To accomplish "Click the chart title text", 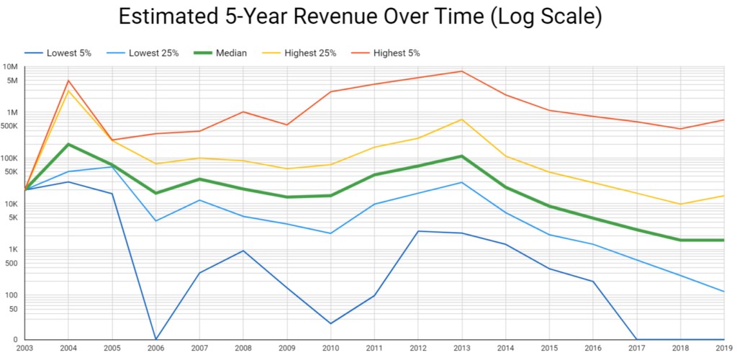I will coord(360,17).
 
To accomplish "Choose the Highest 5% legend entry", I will coord(394,53).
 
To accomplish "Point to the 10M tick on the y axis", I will coord(10,67).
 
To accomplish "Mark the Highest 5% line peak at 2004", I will coord(68,81).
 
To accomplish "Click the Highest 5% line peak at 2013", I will coord(461,71).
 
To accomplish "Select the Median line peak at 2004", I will coord(68,144).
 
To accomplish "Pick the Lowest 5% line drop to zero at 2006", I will coord(155,339).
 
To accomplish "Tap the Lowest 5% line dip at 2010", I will coord(330,323).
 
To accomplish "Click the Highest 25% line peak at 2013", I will coord(461,120).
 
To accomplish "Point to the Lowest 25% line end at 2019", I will coord(723,292).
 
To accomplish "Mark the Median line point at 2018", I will coord(680,240).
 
